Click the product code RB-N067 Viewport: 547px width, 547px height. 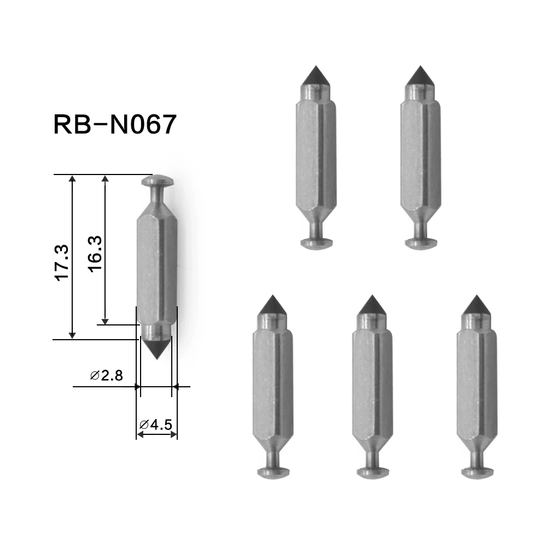click(x=115, y=125)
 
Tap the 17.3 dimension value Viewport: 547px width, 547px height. click(x=61, y=263)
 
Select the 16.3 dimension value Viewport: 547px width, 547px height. click(x=95, y=255)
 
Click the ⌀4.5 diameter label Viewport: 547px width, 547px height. click(x=156, y=423)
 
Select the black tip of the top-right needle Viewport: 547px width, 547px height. click(x=420, y=76)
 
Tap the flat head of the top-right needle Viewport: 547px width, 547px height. click(x=421, y=242)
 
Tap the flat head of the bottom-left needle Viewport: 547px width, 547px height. click(x=272, y=472)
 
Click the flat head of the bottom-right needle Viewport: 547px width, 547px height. click(x=476, y=472)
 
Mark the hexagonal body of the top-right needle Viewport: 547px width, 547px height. click(x=420, y=153)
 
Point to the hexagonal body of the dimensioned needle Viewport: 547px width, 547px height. click(x=156, y=268)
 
